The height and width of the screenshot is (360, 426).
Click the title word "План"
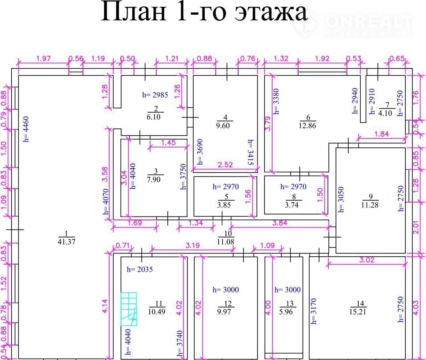tap(133, 12)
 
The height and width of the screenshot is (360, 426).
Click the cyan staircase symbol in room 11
tap(129, 309)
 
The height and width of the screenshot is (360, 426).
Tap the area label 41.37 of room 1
tap(66, 241)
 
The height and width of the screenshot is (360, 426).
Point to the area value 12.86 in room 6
tap(309, 125)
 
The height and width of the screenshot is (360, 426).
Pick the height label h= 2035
tap(140, 270)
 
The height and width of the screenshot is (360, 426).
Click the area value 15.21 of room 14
tap(361, 311)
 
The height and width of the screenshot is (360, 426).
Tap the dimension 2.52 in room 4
tap(225, 165)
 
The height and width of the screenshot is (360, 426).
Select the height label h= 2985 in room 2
tap(155, 95)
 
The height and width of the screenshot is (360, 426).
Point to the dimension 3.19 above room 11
tap(192, 245)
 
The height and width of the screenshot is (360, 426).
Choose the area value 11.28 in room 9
tap(370, 204)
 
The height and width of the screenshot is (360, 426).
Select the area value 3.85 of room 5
tap(225, 205)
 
